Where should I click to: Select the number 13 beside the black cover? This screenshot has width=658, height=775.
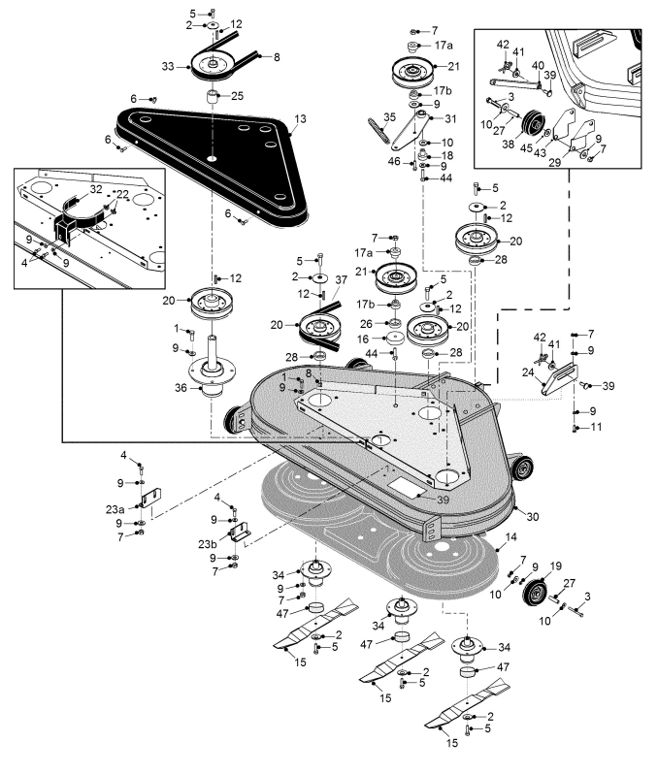[301, 118]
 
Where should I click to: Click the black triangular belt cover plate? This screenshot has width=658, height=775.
[209, 155]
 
